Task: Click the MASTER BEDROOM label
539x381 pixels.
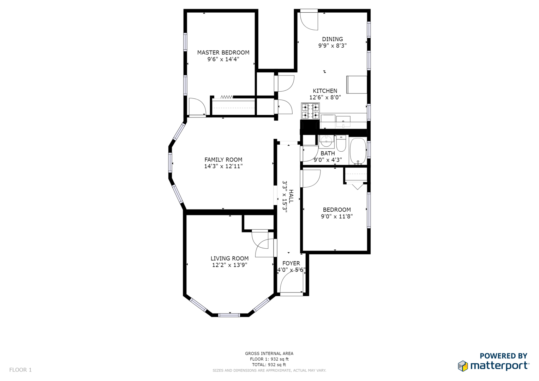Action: coord(223,53)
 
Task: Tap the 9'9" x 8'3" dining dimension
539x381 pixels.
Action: coord(333,46)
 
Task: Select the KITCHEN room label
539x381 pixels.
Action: coord(325,91)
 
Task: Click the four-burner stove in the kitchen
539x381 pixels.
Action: coord(310,111)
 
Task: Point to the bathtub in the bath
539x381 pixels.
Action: coord(358,151)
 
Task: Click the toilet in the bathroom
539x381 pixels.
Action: coord(341,143)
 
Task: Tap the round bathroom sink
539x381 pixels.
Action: coord(327,140)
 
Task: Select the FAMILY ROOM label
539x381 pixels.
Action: coord(223,159)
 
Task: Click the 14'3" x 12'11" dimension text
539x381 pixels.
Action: coord(223,166)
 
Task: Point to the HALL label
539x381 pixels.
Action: coord(291,196)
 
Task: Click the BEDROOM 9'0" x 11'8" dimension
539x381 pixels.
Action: coord(337,216)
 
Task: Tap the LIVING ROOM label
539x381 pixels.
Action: coord(229,258)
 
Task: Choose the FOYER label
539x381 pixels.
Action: coord(291,263)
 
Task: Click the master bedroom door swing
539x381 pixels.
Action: coord(197,107)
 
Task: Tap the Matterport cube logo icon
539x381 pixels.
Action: coord(463,366)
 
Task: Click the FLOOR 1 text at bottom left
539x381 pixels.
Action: coord(20,370)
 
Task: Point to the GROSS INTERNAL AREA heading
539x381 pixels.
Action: coord(269,353)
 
